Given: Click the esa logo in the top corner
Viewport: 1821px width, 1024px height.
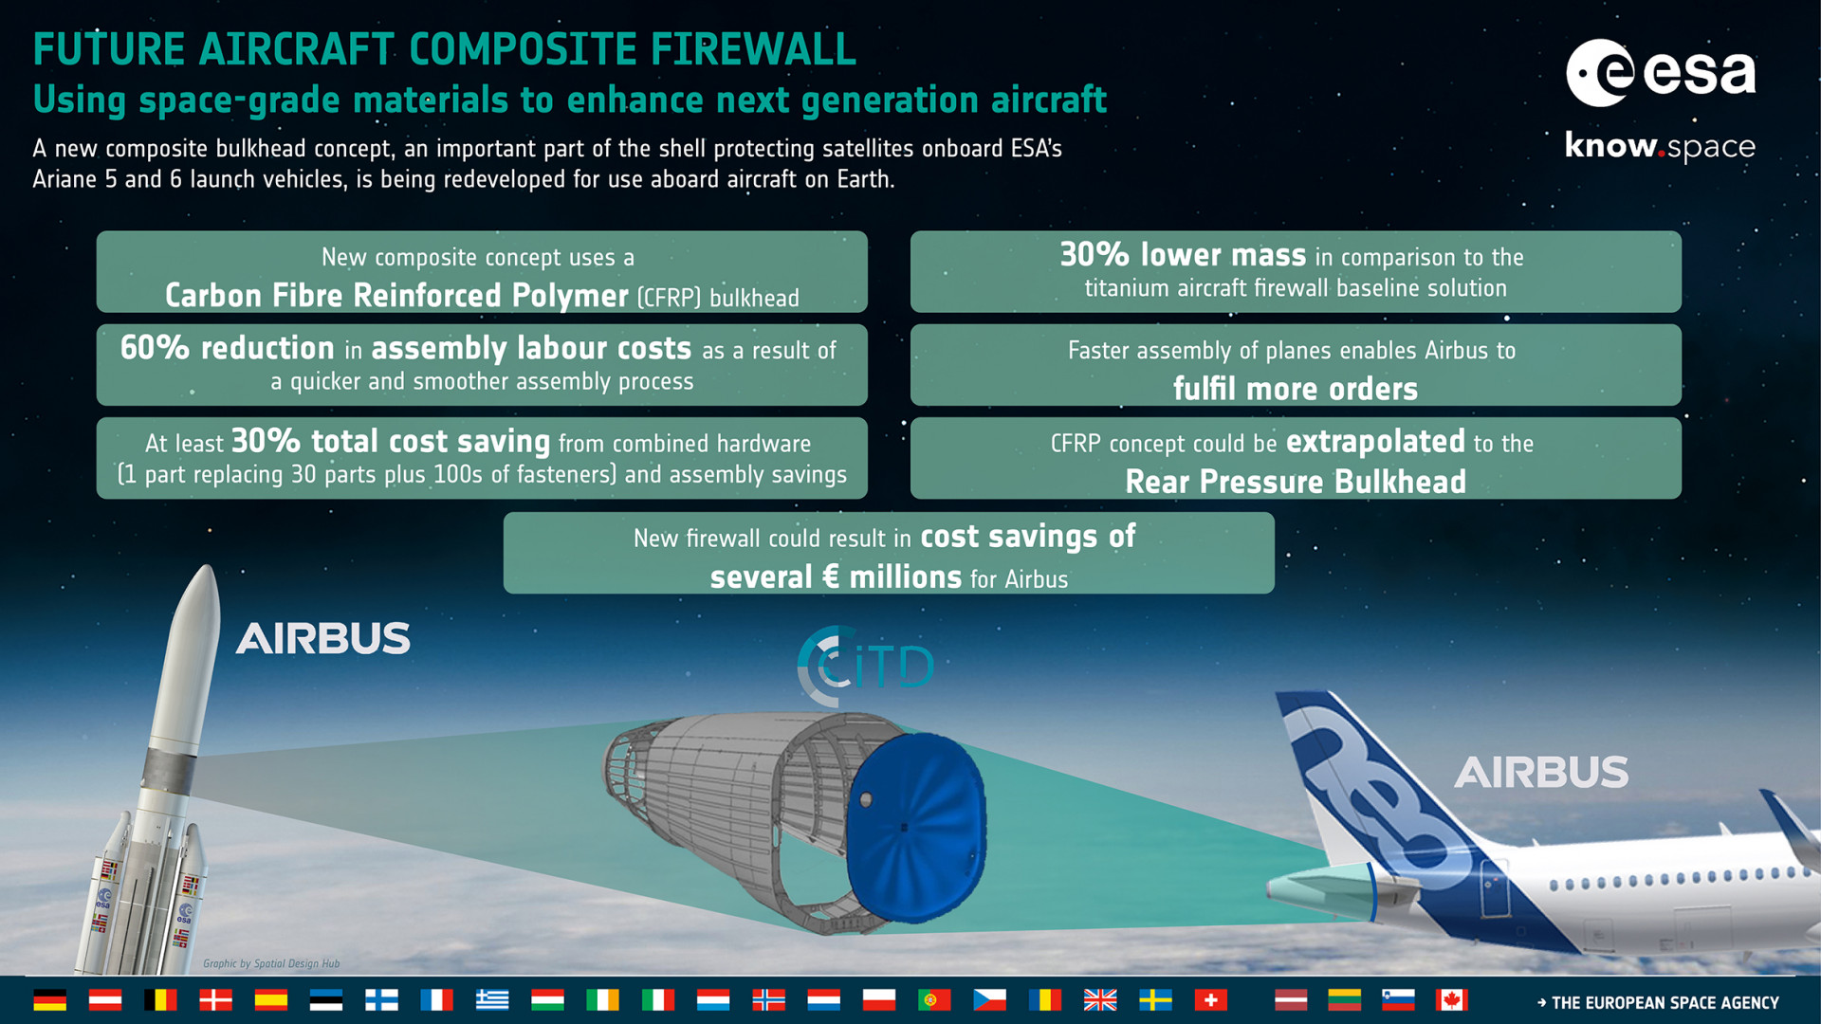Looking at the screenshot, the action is (x=1661, y=73).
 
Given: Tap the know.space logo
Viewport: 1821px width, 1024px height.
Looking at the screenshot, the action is (x=1660, y=147).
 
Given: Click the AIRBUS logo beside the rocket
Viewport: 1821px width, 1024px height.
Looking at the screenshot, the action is (x=323, y=638).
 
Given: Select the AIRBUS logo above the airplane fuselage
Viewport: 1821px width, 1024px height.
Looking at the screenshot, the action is (x=1541, y=773).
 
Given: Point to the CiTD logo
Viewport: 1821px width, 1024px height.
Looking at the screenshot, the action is (x=865, y=666).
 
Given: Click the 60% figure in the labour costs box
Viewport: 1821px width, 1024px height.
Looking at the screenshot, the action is (x=155, y=348).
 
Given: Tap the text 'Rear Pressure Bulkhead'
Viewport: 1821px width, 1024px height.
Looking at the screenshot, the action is (x=1296, y=482).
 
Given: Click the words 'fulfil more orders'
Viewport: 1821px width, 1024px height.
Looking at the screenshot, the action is (x=1296, y=389).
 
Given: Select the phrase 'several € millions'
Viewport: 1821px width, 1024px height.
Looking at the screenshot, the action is (x=836, y=576).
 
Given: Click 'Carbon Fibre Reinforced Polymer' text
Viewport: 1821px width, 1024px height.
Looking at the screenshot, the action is (x=396, y=296).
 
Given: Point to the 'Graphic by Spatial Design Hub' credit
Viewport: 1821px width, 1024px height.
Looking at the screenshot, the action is (x=271, y=963).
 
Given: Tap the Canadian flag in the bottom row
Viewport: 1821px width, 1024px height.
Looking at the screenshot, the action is (x=1451, y=999).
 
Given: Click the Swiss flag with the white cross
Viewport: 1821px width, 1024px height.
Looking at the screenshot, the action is (x=1210, y=999).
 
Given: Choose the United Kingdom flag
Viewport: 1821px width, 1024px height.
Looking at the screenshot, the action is (x=1100, y=999).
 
